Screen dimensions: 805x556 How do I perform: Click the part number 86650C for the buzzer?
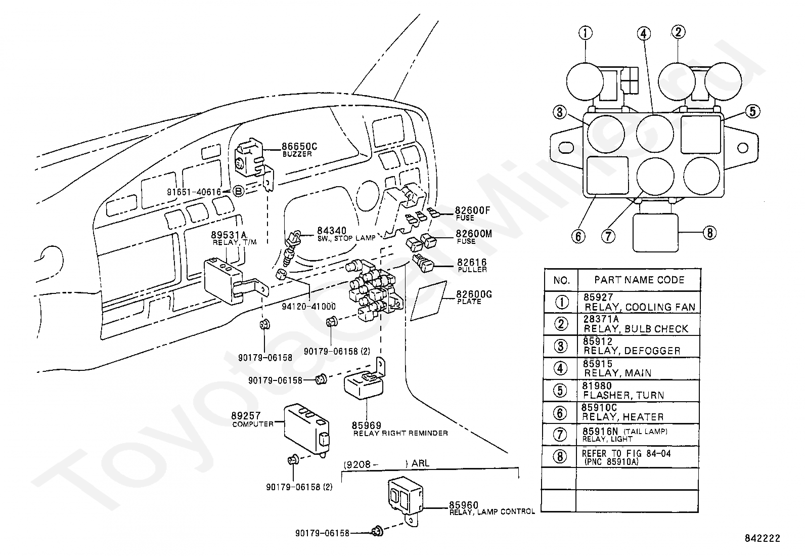pos(299,146)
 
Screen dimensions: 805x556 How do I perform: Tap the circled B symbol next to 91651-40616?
pos(239,191)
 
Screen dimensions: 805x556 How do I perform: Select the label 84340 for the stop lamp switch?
pos(331,231)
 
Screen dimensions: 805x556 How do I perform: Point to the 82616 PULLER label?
pos(472,266)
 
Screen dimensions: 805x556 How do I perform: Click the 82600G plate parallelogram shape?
pos(429,301)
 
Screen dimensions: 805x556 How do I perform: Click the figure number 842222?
pos(762,538)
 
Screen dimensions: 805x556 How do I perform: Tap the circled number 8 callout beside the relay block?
pos(709,233)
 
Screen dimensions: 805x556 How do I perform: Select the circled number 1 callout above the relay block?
pos(586,33)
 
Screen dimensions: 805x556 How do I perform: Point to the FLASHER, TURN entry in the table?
pos(623,395)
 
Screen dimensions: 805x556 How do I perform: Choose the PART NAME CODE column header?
pos(639,280)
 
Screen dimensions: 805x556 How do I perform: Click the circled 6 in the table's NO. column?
pos(560,413)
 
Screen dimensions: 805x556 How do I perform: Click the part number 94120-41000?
pos(309,307)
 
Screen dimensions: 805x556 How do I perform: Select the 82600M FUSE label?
pos(474,237)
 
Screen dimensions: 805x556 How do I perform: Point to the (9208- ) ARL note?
pos(386,463)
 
